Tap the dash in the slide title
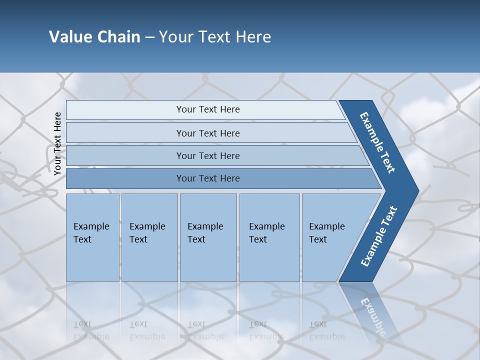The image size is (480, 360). click(149, 37)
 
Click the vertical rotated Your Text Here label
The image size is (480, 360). click(57, 143)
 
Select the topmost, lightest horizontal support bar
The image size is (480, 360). click(207, 109)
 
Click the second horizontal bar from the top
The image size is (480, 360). click(207, 133)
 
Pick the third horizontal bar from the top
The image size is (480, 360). click(207, 155)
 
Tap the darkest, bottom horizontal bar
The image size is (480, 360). click(207, 178)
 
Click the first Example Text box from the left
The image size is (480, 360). click(92, 237)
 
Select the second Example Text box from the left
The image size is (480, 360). click(149, 237)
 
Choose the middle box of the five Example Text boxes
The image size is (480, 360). click(208, 237)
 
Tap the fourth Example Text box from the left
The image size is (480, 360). click(269, 237)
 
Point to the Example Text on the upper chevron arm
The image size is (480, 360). click(377, 142)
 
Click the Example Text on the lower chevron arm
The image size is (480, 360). click(379, 236)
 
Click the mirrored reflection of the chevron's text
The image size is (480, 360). click(372, 315)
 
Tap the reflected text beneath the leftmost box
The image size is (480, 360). click(91, 330)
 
